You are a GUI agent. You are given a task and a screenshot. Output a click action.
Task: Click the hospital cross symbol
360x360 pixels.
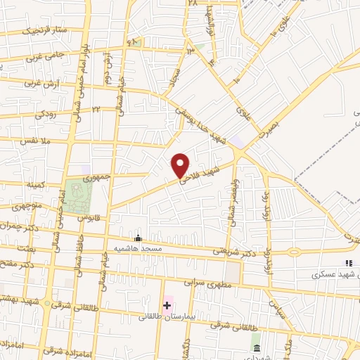coord(167,305)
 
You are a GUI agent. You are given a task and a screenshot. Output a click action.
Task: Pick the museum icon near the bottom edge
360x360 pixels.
coord(255,348)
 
